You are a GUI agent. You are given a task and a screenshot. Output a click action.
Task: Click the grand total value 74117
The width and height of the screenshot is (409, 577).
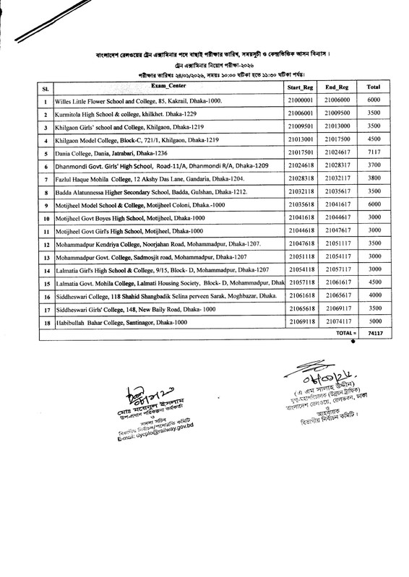(x=374, y=334)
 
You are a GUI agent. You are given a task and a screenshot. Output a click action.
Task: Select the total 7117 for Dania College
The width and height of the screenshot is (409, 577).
(x=374, y=154)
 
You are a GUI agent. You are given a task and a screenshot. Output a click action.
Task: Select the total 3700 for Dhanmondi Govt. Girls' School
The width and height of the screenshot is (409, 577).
(x=374, y=166)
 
